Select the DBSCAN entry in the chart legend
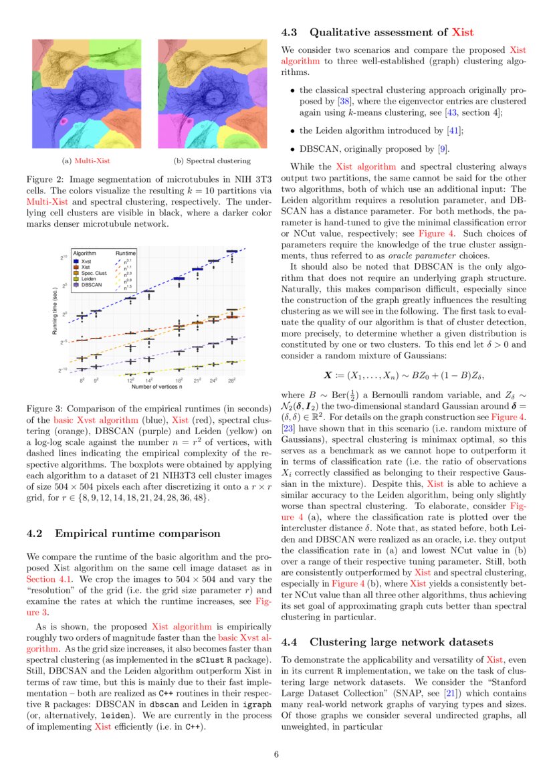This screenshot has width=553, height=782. pyautogui.click(x=90, y=284)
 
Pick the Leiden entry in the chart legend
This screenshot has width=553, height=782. pyautogui.click(x=88, y=278)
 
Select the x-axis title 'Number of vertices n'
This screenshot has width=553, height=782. pyautogui.click(x=157, y=387)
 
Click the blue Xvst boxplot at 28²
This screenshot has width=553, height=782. pyautogui.click(x=231, y=252)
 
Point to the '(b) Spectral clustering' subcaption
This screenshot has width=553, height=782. pyautogui.click(x=212, y=161)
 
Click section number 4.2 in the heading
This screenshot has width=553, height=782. pyautogui.click(x=35, y=533)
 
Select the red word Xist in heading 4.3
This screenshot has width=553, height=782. pyautogui.click(x=463, y=31)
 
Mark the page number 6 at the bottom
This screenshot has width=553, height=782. pyautogui.click(x=276, y=755)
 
